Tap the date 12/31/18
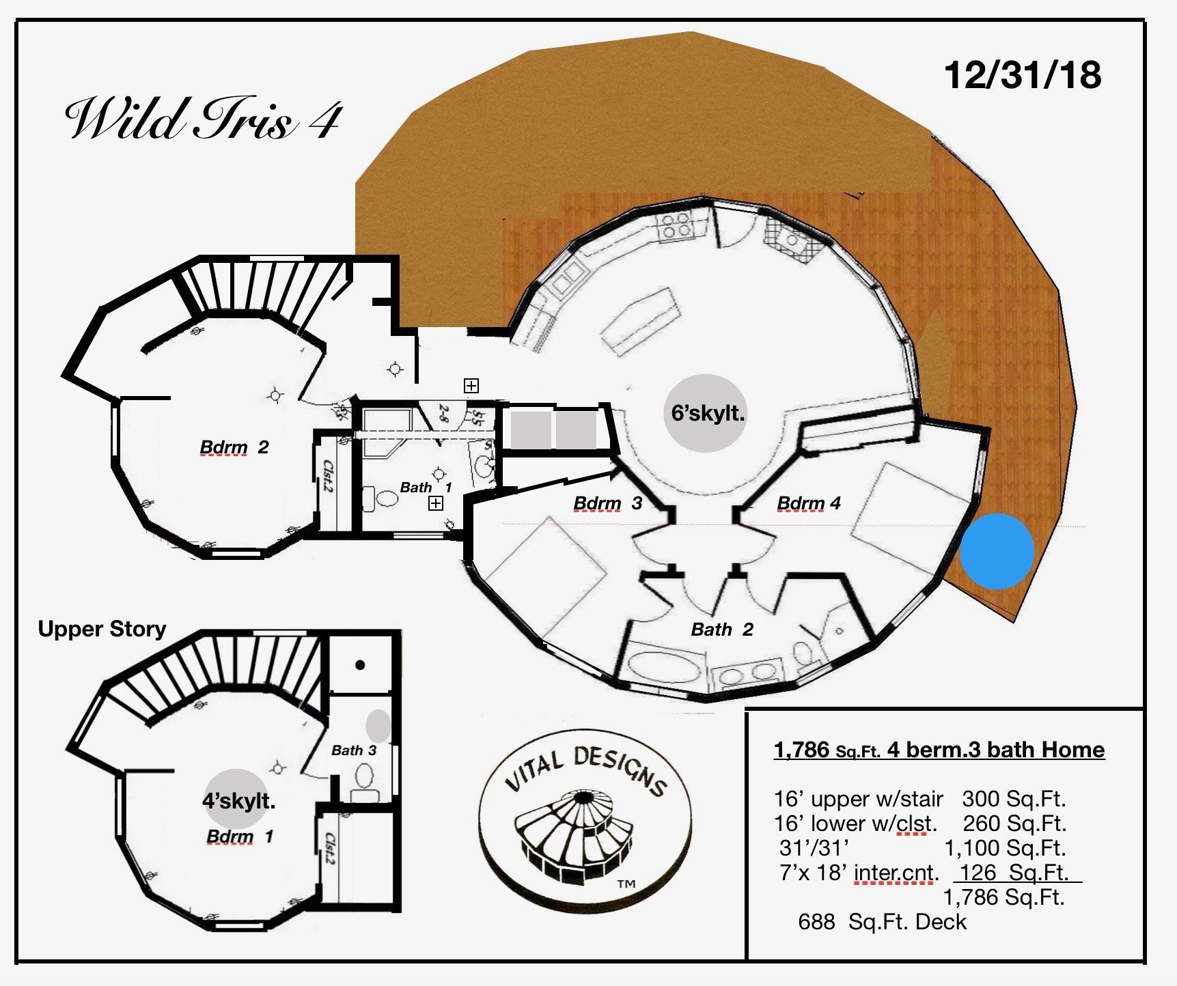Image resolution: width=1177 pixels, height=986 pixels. (1022, 74)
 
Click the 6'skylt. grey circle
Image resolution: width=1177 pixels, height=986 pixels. (707, 413)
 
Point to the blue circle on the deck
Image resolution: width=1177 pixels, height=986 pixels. (997, 551)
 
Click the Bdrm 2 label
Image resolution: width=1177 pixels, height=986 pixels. (234, 447)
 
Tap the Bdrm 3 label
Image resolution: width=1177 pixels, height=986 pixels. (607, 503)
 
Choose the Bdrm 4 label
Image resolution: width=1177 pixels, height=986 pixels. (808, 503)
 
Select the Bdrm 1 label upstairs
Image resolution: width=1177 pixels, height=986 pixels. (239, 836)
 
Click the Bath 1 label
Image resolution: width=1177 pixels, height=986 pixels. (426, 487)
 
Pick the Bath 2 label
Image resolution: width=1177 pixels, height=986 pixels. (721, 629)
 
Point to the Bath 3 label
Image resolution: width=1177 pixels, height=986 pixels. (353, 750)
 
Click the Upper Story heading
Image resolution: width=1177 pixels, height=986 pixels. (102, 629)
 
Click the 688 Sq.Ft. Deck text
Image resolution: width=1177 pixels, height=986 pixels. (881, 922)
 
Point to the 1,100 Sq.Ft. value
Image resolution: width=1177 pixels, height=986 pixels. (1004, 848)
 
